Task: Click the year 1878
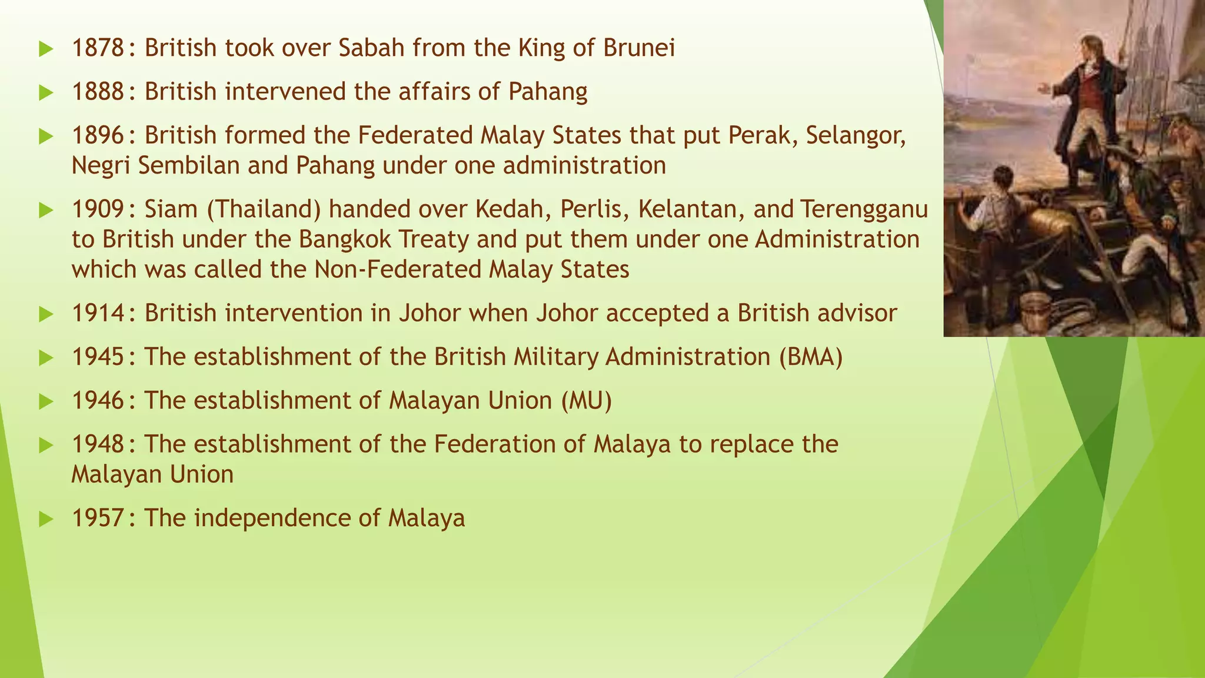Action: [x=98, y=48]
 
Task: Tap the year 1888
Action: [x=98, y=92]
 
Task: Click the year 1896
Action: [x=98, y=136]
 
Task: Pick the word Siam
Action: [x=171, y=210]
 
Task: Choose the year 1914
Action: [x=98, y=313]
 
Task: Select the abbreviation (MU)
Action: [x=586, y=401]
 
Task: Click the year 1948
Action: [x=98, y=444]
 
